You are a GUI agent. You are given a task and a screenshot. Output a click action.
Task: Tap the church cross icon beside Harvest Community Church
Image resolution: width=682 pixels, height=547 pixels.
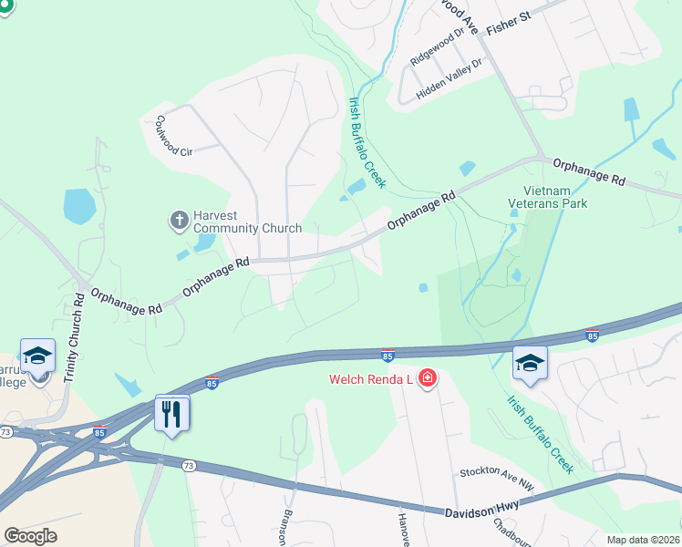tap(179, 221)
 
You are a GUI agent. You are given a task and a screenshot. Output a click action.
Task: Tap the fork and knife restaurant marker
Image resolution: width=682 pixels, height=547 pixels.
tap(171, 414)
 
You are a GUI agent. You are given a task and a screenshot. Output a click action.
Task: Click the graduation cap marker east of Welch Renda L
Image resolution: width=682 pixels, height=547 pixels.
tap(530, 363)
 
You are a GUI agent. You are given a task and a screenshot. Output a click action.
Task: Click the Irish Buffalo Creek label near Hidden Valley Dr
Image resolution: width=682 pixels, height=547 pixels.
tap(364, 142)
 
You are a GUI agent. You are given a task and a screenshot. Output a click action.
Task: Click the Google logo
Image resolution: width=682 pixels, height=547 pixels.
tap(31, 536)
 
